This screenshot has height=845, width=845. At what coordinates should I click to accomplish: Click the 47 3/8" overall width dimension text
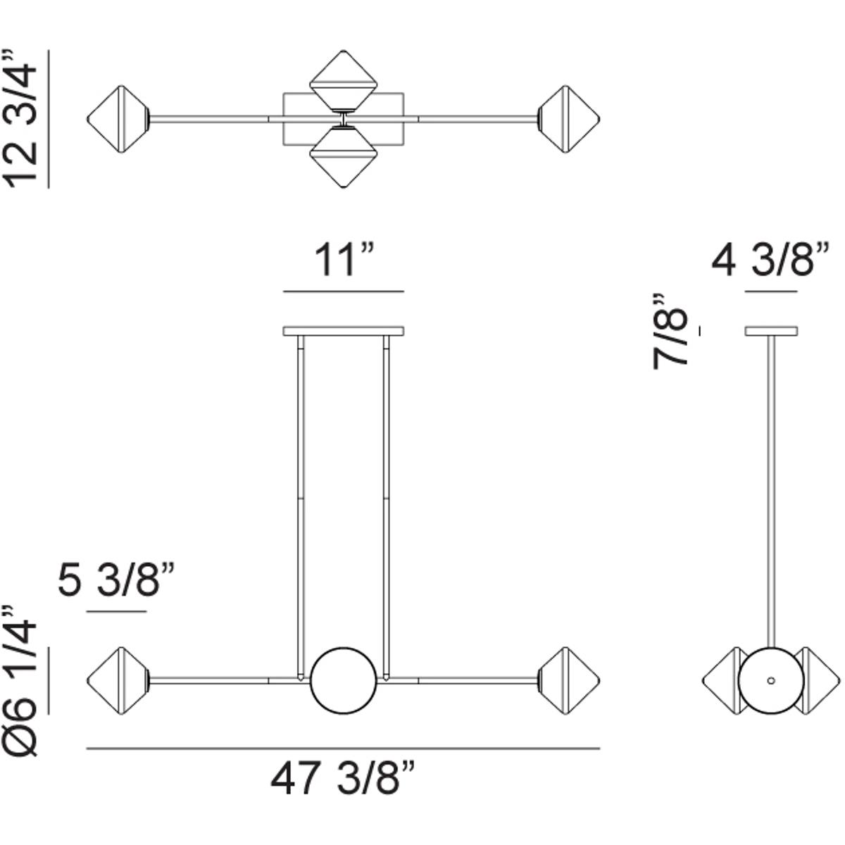pos(343,780)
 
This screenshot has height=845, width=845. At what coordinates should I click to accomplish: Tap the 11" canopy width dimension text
pos(343,261)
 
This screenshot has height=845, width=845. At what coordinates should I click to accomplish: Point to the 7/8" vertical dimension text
pos(670,331)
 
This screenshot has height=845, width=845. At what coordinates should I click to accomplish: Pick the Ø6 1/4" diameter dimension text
pos(21,680)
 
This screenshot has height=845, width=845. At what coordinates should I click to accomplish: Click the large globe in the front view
pos(343,680)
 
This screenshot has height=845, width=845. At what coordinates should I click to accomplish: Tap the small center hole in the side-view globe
pos(771,680)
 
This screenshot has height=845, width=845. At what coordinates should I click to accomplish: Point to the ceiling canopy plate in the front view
pos(343,330)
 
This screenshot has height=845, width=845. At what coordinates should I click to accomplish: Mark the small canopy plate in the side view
pos(771,330)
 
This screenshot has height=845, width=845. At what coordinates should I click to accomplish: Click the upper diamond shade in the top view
pos(342,79)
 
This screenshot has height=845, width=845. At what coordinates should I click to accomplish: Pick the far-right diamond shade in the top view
pos(568,118)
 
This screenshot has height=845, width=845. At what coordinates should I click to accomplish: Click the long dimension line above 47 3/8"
pos(343,748)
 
